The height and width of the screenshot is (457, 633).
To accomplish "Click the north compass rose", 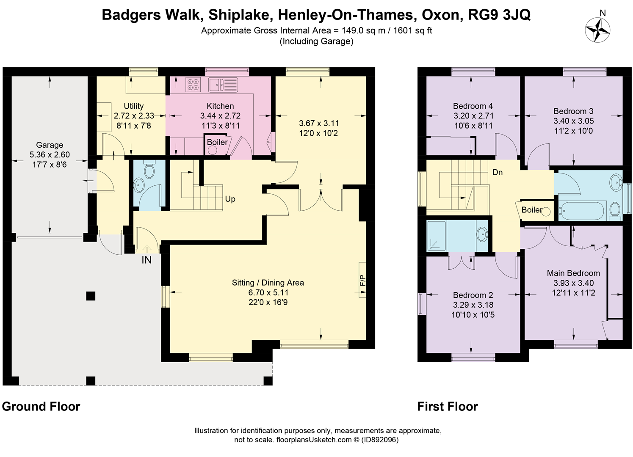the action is click(x=597, y=30).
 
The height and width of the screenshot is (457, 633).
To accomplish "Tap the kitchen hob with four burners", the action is click(x=193, y=85).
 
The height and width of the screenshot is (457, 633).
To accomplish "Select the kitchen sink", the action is click(x=224, y=85).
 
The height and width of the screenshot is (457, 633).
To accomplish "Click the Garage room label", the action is click(x=50, y=145).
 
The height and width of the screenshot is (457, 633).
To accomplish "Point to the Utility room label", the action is click(x=134, y=106).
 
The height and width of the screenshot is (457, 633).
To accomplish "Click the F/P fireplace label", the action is click(x=363, y=280).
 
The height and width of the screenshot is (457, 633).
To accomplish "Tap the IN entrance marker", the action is click(x=147, y=259).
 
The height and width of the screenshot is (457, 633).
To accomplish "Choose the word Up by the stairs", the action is click(x=230, y=199).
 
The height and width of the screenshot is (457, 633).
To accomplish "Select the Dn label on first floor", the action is click(x=498, y=172).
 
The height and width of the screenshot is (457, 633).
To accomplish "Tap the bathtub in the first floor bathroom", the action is click(x=582, y=211).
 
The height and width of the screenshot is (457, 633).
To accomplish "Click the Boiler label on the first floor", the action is click(x=532, y=210).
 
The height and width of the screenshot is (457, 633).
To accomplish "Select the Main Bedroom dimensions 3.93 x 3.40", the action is click(x=573, y=283).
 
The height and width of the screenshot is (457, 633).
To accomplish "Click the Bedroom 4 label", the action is click(x=473, y=106).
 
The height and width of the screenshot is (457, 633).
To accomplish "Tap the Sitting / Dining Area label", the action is click(x=268, y=283).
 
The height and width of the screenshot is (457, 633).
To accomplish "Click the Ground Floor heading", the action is click(x=41, y=407).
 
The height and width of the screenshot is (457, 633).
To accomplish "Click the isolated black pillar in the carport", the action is click(x=91, y=296).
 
